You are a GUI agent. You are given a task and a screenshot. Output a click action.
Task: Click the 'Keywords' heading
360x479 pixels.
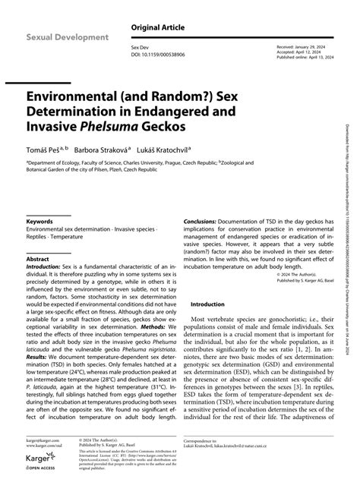40,221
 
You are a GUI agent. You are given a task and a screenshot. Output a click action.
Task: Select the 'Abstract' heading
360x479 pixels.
38,259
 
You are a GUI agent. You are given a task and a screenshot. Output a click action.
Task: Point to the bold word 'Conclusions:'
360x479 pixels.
203,222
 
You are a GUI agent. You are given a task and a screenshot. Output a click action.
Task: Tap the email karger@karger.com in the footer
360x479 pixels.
43,439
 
